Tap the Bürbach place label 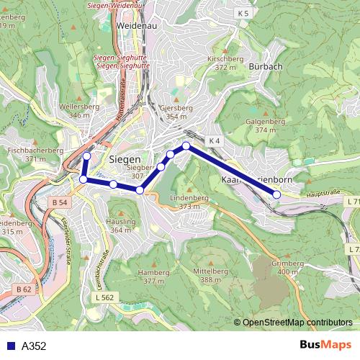point(265,66)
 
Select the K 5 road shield point(243,13)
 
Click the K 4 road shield point(213,140)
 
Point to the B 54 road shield point(60,204)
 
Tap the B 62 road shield point(24,289)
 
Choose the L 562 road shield point(105,297)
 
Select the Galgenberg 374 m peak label point(266,126)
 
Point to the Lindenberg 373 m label point(189,202)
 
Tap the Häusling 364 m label point(122,226)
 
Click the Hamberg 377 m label point(154,276)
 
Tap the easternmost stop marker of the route point(276,194)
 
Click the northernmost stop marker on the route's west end point(87,156)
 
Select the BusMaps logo point(325,345)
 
